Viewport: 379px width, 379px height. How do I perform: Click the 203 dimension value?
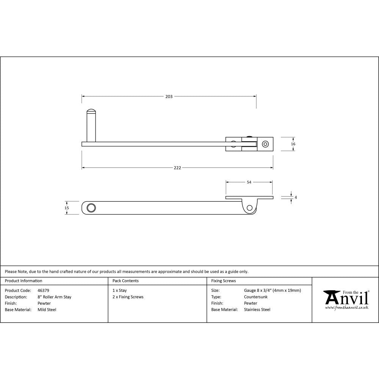[169, 97]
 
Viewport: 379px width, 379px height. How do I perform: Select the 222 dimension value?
[177, 168]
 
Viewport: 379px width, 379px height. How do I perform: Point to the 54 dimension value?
[249, 182]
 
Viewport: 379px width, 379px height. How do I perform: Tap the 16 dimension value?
[293, 144]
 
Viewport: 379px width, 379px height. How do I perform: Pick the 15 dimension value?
[67, 208]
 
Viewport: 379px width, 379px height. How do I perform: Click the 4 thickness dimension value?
[296, 197]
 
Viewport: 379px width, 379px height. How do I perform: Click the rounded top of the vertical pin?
[91, 111]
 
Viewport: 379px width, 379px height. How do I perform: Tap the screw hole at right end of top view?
[265, 144]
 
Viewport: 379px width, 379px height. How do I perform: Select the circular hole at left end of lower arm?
[91, 208]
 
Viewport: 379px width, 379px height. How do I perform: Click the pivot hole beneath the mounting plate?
[249, 207]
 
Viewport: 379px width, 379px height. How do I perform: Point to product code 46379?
[43, 291]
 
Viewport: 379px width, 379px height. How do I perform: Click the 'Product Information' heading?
[23, 281]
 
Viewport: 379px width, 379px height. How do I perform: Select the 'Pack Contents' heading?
[125, 281]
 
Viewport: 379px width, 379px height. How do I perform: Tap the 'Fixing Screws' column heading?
[223, 281]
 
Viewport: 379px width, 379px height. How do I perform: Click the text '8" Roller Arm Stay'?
[54, 297]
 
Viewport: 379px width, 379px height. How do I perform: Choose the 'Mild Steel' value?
[47, 310]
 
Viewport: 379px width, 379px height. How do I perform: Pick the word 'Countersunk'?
[255, 297]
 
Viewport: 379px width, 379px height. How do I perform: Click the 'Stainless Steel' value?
[257, 310]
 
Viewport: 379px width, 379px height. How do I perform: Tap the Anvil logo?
[346, 299]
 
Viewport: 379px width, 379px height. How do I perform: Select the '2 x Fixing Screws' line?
[128, 297]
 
